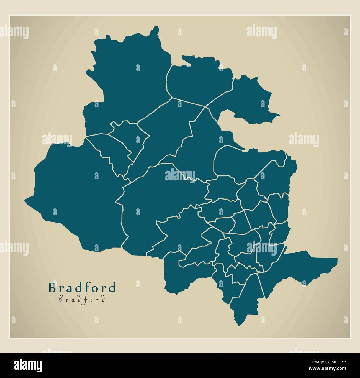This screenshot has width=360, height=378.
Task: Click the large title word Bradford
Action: pyautogui.click(x=82, y=288)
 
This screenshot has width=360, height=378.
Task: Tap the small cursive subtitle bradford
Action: pyautogui.click(x=82, y=299)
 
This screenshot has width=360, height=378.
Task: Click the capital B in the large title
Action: pyautogui.click(x=52, y=288)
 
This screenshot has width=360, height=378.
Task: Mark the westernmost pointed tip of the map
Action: pyautogui.click(x=25, y=199)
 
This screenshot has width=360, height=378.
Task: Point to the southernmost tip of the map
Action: pyautogui.click(x=238, y=325)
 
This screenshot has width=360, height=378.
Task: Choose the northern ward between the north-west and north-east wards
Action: pyautogui.click(x=199, y=80)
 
